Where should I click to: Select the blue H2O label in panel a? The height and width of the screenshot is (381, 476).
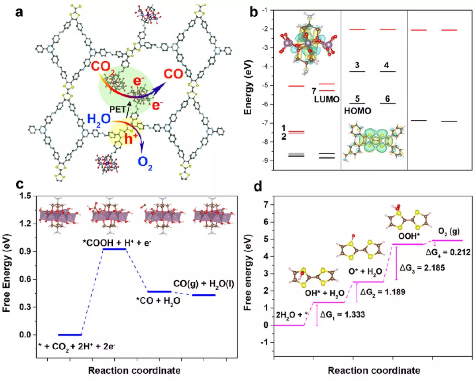click(100, 119)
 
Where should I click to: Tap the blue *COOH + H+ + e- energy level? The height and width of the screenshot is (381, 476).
click(114, 249)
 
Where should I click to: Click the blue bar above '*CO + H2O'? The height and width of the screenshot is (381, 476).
click(159, 292)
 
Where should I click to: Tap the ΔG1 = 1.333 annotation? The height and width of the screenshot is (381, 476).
click(344, 314)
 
